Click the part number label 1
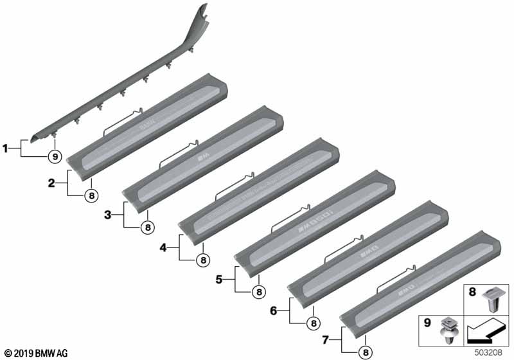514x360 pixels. tap(6, 149)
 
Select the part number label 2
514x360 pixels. tap(51, 183)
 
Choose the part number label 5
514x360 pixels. tap(219, 279)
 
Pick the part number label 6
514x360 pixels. tap(274, 310)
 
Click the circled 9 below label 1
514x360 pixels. tap(55, 156)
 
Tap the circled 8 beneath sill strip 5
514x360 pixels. tap(258, 292)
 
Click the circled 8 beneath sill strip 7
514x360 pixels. tap(366, 352)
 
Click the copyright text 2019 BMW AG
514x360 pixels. tap(35, 353)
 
